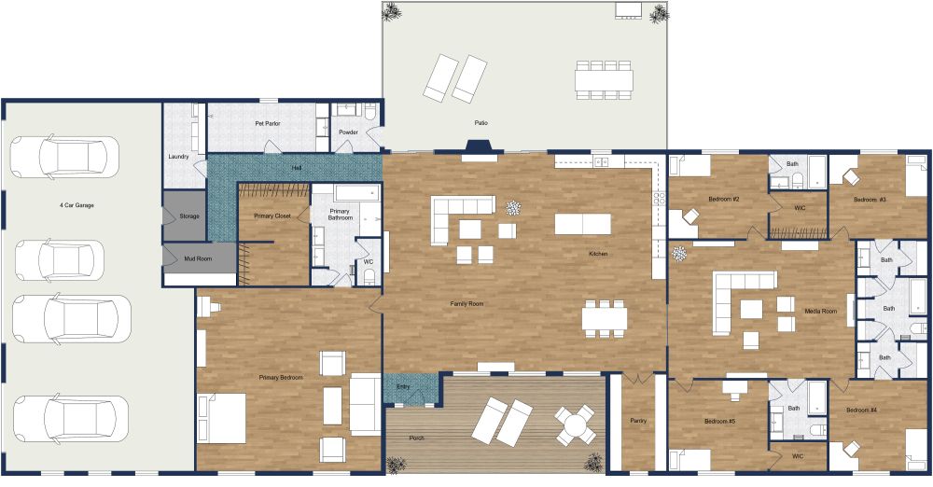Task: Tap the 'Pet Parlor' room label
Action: (268, 123)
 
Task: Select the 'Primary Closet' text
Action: (272, 216)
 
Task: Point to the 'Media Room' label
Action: (820, 311)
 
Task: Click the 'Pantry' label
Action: (638, 421)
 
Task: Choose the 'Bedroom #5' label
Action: (719, 422)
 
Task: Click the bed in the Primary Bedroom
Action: (222, 417)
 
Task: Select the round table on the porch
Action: (576, 425)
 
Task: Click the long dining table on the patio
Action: (604, 79)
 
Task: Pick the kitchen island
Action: (583, 224)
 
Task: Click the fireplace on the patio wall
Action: (480, 147)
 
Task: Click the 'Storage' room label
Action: (189, 216)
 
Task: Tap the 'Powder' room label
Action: (348, 132)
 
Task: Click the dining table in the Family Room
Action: (605, 318)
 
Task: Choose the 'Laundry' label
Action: (179, 157)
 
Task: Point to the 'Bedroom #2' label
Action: (724, 200)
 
